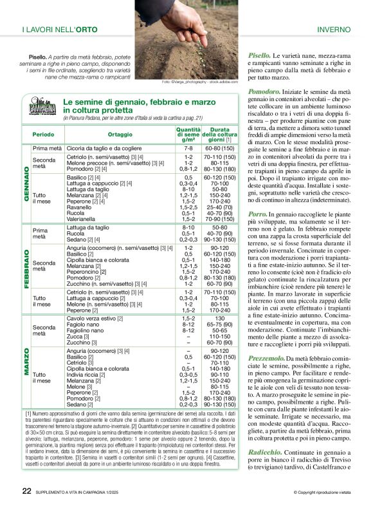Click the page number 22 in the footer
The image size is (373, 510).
tap(26, 492)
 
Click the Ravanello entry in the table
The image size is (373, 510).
tap(79, 207)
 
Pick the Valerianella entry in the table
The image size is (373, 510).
tap(82, 219)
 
